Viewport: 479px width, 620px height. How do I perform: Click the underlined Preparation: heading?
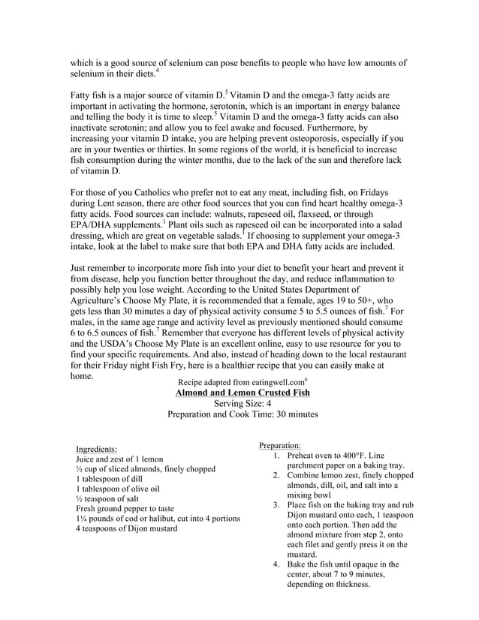[x=279, y=445]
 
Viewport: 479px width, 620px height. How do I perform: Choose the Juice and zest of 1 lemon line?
[x=119, y=459]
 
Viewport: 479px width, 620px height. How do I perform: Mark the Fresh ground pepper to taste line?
[x=125, y=508]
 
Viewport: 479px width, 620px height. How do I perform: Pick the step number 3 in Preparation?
[x=276, y=505]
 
